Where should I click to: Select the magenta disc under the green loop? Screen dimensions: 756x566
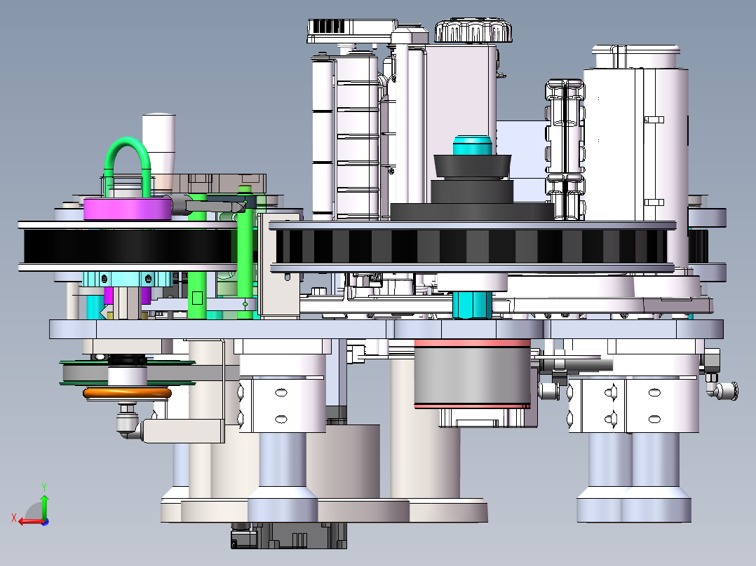tap(128, 209)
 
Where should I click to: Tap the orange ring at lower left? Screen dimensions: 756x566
tap(128, 394)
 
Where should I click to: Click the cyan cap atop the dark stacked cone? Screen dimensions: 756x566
tap(473, 145)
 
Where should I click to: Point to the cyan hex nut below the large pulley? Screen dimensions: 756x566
tap(473, 305)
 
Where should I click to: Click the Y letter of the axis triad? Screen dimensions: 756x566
tap(44, 487)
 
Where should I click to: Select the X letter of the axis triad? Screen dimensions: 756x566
tap(14, 518)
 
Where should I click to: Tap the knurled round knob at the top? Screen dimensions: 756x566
tap(473, 31)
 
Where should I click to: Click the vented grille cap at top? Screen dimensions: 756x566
tap(352, 31)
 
